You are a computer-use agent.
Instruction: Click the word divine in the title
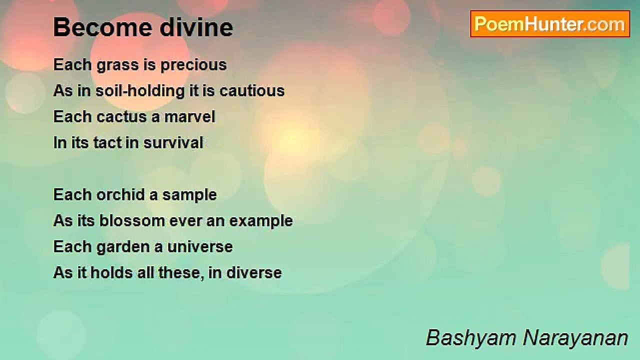[x=196, y=27]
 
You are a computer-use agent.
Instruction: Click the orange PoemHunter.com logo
[x=550, y=24]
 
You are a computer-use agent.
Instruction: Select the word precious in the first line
[x=193, y=65]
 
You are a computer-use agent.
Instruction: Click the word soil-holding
[x=140, y=91]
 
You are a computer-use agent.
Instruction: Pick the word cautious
[x=252, y=91]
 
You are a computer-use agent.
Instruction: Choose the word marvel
[x=189, y=116]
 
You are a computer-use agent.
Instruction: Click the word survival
[x=173, y=142]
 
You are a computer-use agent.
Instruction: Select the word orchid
[x=121, y=194]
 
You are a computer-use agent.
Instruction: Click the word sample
[x=189, y=195]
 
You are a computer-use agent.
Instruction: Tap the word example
[x=261, y=221]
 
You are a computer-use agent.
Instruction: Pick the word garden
[x=121, y=247]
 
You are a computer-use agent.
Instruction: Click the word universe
[x=200, y=247]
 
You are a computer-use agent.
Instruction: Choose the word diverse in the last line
[x=254, y=272]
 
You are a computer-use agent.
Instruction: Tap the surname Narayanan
[x=575, y=338]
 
